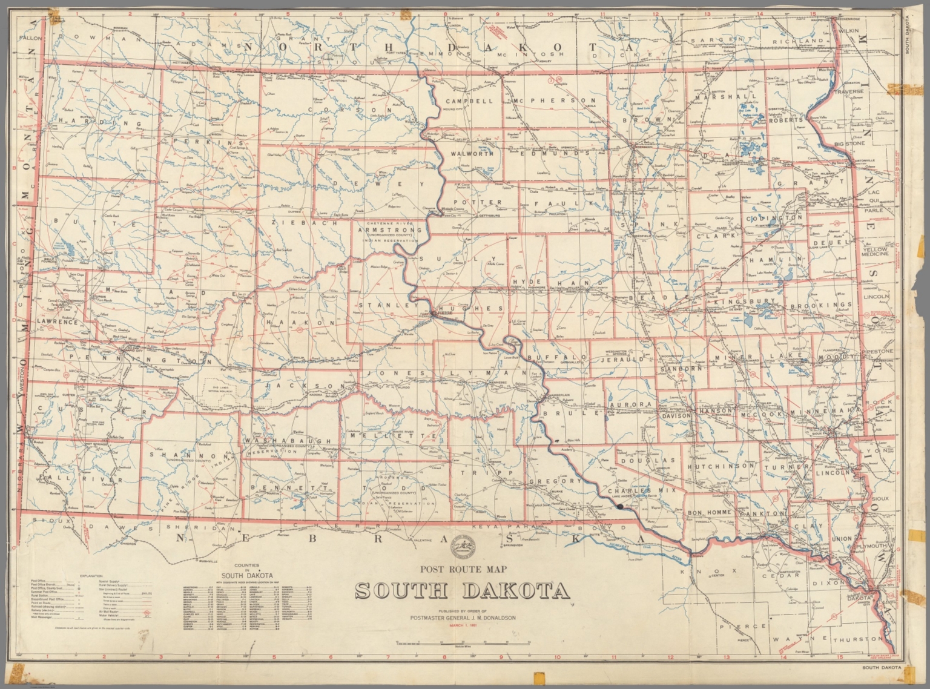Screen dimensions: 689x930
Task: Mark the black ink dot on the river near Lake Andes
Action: click(619, 506)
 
